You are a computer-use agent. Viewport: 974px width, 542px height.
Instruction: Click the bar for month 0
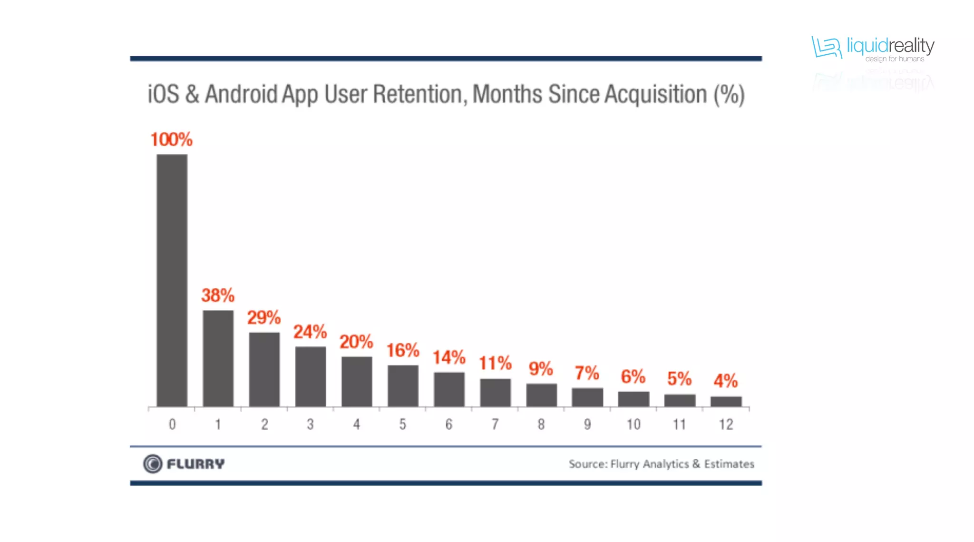[x=172, y=280]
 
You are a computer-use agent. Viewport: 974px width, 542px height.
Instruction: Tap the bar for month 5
[x=403, y=386]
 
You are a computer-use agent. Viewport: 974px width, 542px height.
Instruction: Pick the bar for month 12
[x=726, y=402]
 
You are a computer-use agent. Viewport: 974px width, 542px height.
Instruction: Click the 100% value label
[x=171, y=139]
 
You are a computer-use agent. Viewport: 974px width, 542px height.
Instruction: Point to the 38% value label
[x=218, y=296]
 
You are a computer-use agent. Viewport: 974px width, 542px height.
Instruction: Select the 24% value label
[x=310, y=332]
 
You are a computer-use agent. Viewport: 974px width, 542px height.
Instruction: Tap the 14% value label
[x=448, y=357]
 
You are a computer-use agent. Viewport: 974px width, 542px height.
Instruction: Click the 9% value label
[x=541, y=369]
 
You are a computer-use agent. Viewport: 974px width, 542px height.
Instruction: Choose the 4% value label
[x=726, y=381]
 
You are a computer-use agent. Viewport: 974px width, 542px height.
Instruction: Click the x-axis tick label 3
[x=310, y=424]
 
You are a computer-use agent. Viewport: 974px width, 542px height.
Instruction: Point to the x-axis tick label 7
[x=495, y=424]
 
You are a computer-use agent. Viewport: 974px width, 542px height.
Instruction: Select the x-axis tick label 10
[x=633, y=424]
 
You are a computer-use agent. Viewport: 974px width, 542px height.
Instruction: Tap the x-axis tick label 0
[x=172, y=424]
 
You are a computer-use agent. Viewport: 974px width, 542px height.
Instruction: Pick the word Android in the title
[x=241, y=94]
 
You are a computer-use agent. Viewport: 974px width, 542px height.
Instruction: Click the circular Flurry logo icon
[x=153, y=464]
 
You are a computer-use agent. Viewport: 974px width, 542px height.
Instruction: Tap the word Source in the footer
[x=588, y=464]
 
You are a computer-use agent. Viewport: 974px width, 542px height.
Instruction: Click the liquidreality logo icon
[x=827, y=47]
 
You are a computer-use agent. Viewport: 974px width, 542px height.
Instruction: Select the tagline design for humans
[x=895, y=59]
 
